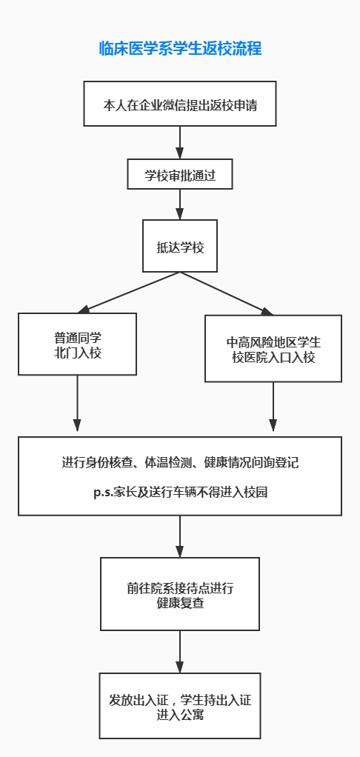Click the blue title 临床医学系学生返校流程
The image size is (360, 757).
pos(180,49)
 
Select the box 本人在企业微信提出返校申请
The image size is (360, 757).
pos(180,104)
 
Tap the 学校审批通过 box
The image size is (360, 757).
pos(180,174)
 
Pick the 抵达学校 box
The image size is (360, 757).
pos(180,246)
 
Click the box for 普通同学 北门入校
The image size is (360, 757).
pos(77,344)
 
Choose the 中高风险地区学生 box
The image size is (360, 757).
pos(273,349)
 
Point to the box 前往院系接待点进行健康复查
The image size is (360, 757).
pos(180,594)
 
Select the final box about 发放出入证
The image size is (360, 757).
pos(180,705)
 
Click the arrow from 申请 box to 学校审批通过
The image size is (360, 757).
pos(180,142)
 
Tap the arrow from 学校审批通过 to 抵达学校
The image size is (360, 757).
pos(180,204)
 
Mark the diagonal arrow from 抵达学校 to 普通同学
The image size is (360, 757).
pos(129,293)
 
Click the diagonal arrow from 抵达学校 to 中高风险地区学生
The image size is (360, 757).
pos(227,293)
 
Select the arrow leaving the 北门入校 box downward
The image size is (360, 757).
pos(77,403)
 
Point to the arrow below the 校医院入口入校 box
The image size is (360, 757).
pos(273,407)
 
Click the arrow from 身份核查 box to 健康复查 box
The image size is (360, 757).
pos(180,536)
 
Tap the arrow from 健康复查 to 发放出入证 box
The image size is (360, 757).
pos(180,652)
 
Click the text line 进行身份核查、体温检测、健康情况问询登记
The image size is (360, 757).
pos(180,462)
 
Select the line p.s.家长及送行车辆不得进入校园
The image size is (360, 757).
pos(180,493)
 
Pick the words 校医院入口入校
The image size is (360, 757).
pos(273,359)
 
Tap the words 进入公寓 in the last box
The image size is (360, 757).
pos(180,715)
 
